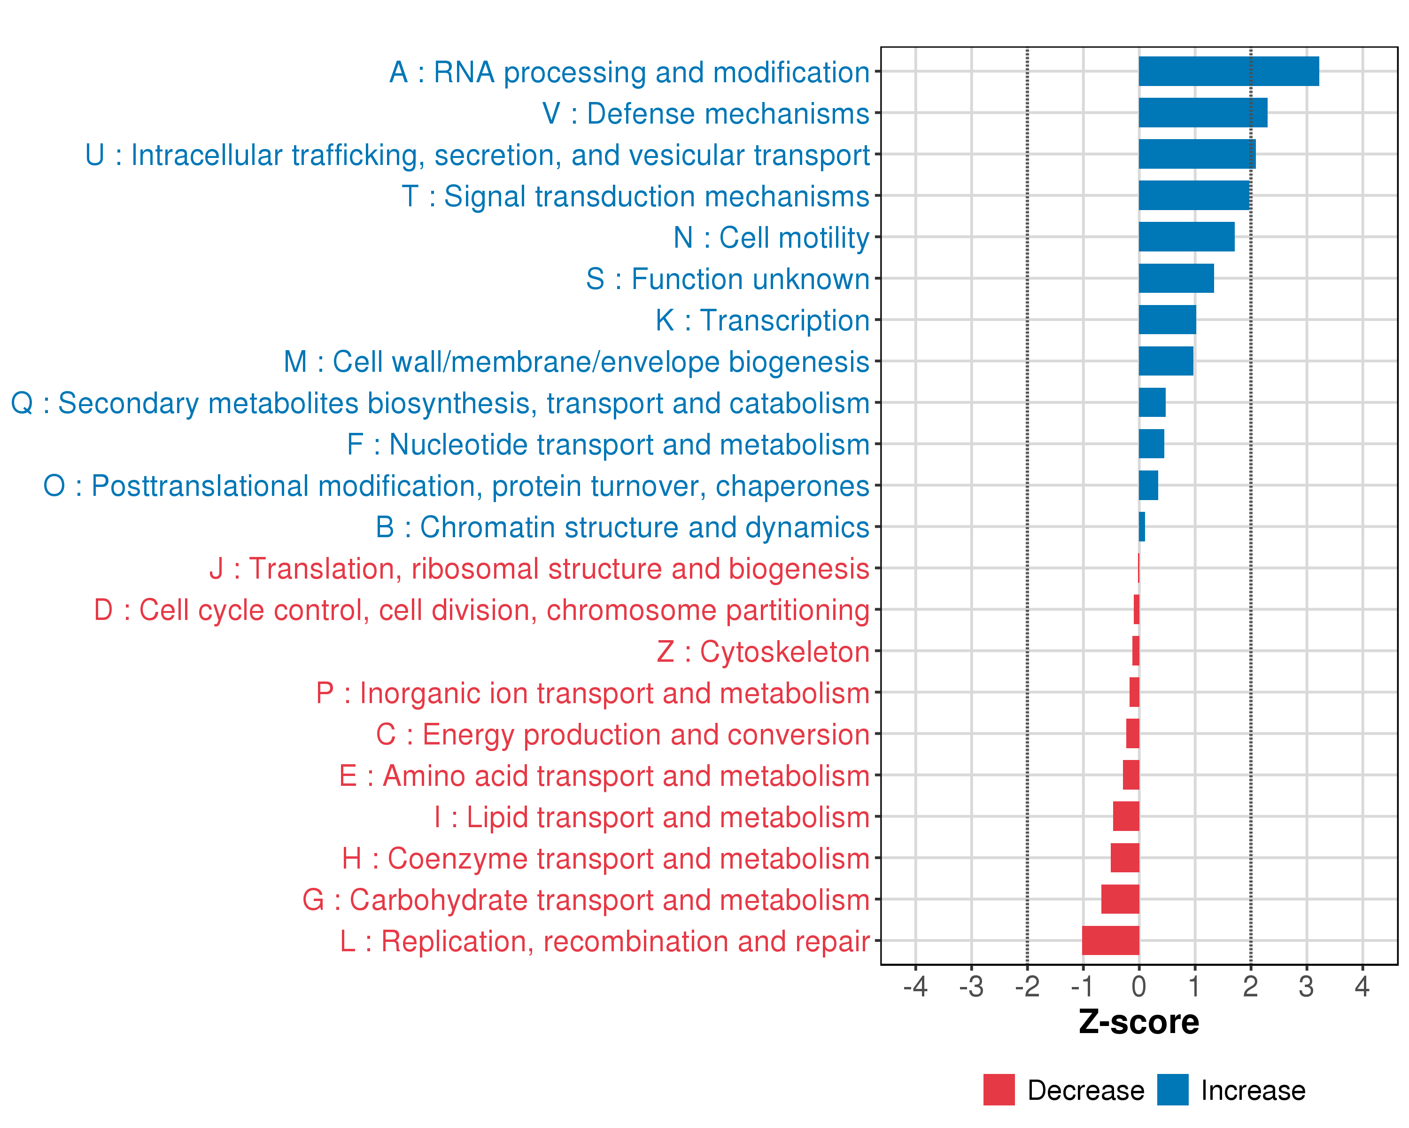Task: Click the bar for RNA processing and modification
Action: pyautogui.click(x=1229, y=71)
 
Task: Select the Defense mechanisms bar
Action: pyautogui.click(x=1202, y=112)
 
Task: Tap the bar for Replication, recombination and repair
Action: pyautogui.click(x=1110, y=940)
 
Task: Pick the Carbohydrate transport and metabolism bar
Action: pyautogui.click(x=1120, y=899)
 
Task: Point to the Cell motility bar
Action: pyautogui.click(x=1186, y=237)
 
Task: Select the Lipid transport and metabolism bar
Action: pyautogui.click(x=1125, y=816)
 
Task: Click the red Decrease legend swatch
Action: pyautogui.click(x=999, y=1089)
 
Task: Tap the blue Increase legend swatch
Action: pyautogui.click(x=1172, y=1089)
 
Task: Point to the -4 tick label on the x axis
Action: pyautogui.click(x=915, y=986)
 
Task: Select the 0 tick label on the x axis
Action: pyautogui.click(x=1138, y=986)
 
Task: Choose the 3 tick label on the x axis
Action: pyautogui.click(x=1306, y=986)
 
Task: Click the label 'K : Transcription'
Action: pyautogui.click(x=762, y=321)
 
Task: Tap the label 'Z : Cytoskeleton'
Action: pyautogui.click(x=763, y=652)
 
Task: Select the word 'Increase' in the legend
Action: pyautogui.click(x=1253, y=1090)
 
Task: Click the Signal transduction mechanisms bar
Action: pyautogui.click(x=1193, y=196)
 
